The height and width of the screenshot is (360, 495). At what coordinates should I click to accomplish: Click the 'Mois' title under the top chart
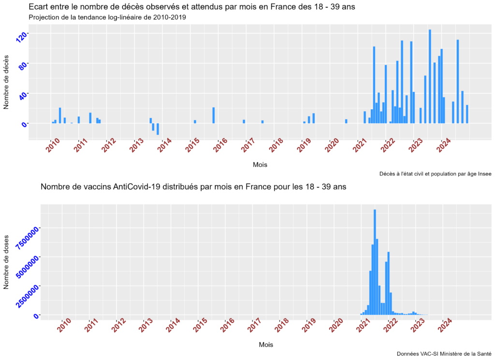pyautogui.click(x=260, y=165)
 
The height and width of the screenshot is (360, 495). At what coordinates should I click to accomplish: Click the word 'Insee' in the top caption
pyautogui.click(x=483, y=174)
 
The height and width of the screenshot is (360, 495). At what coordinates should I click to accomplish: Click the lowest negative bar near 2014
pyautogui.click(x=158, y=129)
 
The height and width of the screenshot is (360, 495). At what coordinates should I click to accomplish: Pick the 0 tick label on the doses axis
pyautogui.click(x=35, y=316)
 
